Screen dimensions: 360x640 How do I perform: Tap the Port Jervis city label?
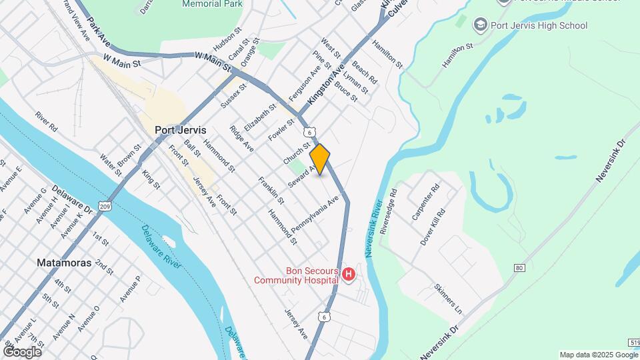click(180, 131)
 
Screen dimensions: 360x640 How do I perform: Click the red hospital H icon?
click(347, 275)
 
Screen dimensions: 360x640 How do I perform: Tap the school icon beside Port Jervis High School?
click(479, 25)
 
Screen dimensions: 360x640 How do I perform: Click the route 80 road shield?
click(519, 268)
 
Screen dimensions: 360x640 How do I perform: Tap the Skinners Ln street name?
click(447, 299)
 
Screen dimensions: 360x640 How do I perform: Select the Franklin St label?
click(271, 191)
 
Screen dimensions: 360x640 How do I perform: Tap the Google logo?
click(22, 351)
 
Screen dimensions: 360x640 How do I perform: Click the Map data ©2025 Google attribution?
click(599, 355)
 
